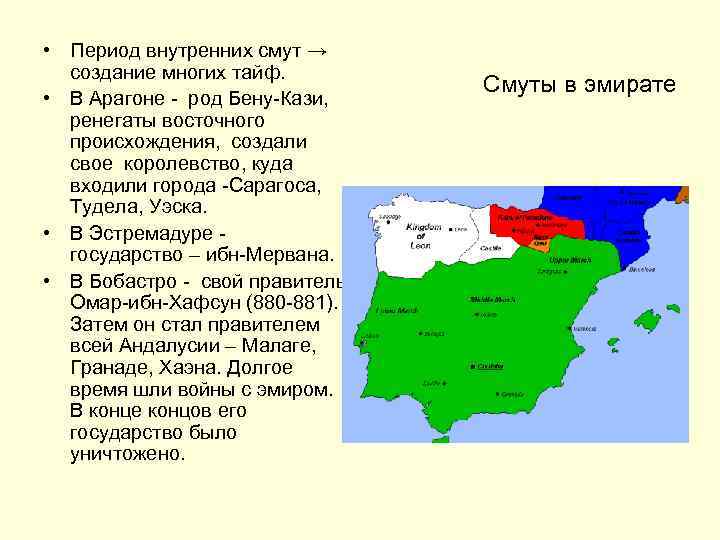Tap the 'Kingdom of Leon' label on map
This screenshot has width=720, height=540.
[424, 235]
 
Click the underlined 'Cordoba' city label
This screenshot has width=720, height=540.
[488, 367]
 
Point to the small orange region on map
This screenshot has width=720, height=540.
[540, 242]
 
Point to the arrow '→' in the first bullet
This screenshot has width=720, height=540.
[318, 50]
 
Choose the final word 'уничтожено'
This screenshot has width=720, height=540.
[127, 454]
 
